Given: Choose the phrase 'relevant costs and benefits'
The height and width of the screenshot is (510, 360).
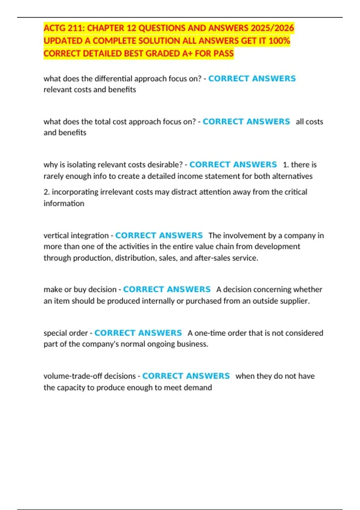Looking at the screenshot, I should pos(90,90).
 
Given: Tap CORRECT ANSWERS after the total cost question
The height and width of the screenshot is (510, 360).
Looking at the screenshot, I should pos(246,121).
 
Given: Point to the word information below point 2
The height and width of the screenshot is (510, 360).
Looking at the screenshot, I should pos(64,203).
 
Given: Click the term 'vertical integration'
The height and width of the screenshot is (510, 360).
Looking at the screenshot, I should pos(76,235).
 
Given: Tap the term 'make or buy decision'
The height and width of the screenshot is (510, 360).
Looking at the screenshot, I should pos(80,289).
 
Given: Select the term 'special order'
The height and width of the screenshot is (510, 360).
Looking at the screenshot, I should pos(66,333).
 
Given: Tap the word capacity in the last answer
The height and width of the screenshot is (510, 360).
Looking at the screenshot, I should pos(71,388).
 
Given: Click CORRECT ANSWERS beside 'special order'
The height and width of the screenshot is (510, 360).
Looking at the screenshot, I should pos(138,333).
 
